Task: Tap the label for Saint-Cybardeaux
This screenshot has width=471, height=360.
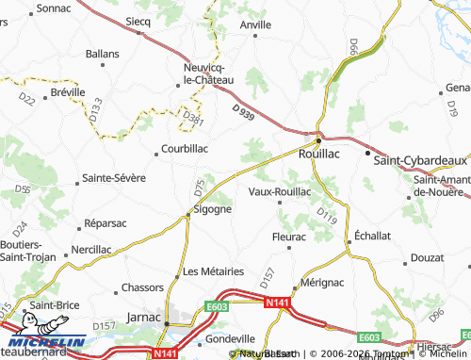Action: (x=420, y=161)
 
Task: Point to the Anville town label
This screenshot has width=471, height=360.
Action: (x=255, y=26)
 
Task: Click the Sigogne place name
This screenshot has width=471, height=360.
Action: (x=206, y=209)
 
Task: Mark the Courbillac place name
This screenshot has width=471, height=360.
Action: (x=185, y=148)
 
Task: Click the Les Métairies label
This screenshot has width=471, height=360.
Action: (x=214, y=271)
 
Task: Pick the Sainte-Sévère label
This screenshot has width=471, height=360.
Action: (x=112, y=176)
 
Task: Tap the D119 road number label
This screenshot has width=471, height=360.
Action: (x=326, y=216)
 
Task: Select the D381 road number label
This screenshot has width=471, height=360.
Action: (x=192, y=118)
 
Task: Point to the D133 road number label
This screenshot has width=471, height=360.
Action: (x=96, y=113)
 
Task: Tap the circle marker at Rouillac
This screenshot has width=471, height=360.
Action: (x=319, y=134)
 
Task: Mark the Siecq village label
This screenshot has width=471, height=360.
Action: (x=138, y=21)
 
